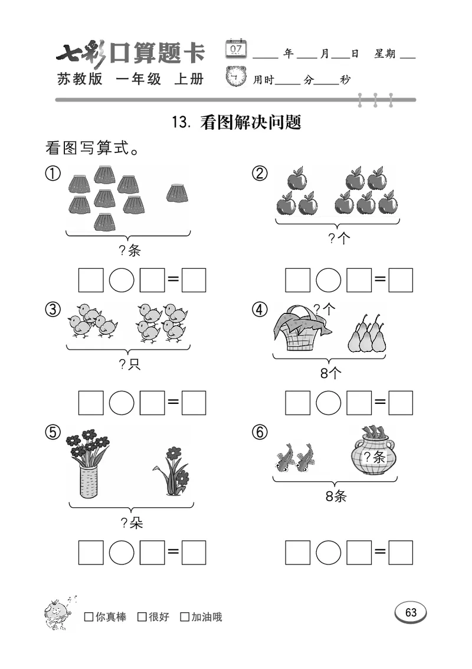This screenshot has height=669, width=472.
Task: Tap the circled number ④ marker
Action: point(260,309)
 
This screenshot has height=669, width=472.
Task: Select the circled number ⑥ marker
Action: point(260,433)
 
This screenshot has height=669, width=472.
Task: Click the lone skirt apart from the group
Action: point(176,193)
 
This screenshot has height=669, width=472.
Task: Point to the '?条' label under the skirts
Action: point(130,251)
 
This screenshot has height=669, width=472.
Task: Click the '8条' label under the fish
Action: point(336,497)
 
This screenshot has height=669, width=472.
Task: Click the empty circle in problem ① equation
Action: point(122,280)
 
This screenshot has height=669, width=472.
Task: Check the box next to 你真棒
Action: point(89,617)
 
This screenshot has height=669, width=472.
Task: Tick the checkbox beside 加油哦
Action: point(185,617)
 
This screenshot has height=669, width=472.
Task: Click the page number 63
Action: point(411,612)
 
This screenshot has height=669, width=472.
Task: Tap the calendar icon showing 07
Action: point(237,48)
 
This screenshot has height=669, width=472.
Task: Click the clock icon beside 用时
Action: point(237,77)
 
